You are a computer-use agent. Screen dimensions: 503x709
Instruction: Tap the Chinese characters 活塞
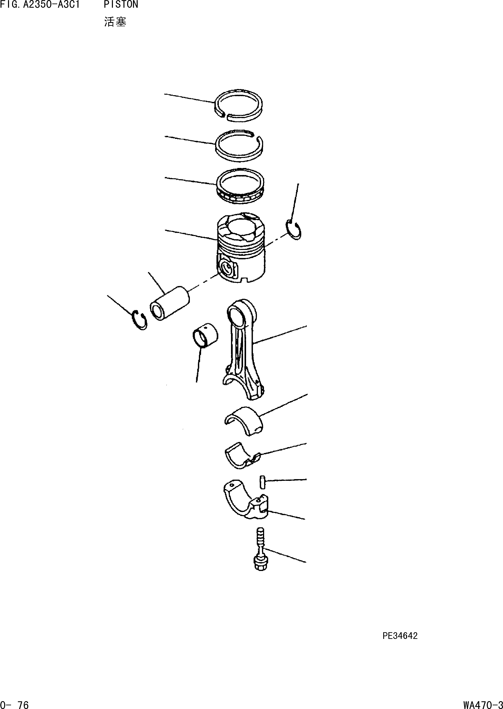[x=115, y=22]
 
